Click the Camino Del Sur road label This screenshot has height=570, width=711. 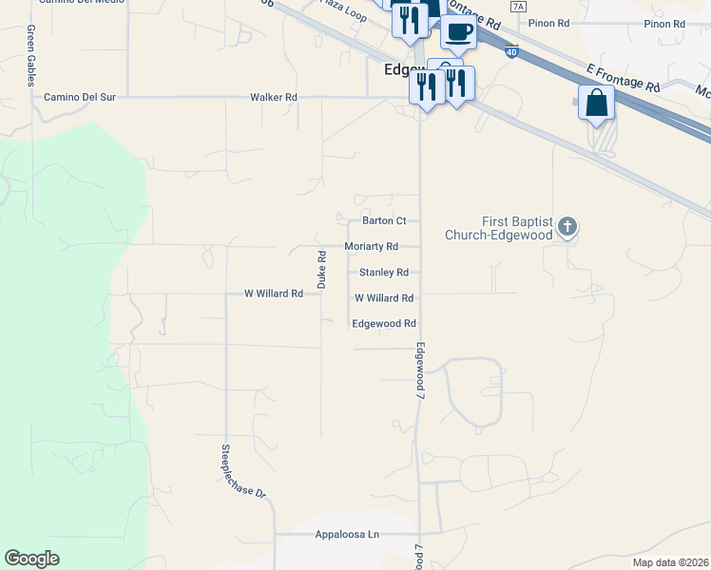pos(76,97)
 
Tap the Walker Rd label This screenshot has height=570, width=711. pos(273,97)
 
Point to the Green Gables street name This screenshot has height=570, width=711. pos(31,56)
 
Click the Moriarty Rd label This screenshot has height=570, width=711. pos(371,246)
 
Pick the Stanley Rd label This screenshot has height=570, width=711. pos(383,272)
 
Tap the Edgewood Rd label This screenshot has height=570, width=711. pos(384,323)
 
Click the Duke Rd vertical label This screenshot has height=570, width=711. pos(321,270)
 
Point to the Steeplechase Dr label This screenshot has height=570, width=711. pos(242,472)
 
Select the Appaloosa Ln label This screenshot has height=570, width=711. pos(347,535)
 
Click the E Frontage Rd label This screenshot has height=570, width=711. pos(624,79)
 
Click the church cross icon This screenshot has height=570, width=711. pos(567,226)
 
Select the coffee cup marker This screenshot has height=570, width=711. pos(458,31)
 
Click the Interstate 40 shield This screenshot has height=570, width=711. pos(512,54)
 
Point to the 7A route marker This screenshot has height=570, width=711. pos(517,6)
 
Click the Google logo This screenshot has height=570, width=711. pos(32,559)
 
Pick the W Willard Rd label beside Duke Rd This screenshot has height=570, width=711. pos(273,294)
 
